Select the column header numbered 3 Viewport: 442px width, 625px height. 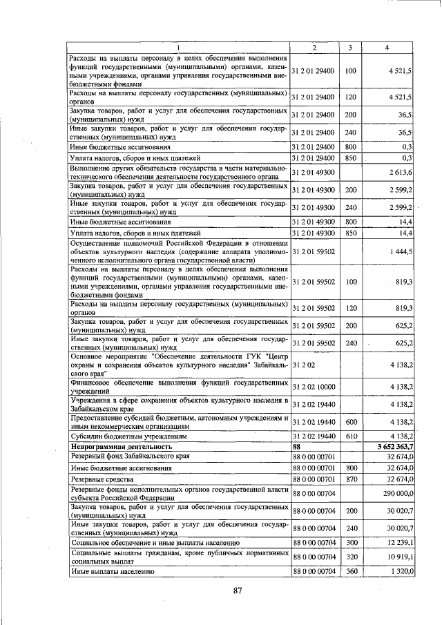point(350,47)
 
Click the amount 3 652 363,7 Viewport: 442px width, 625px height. point(393,448)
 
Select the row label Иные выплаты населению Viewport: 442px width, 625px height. point(110,572)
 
